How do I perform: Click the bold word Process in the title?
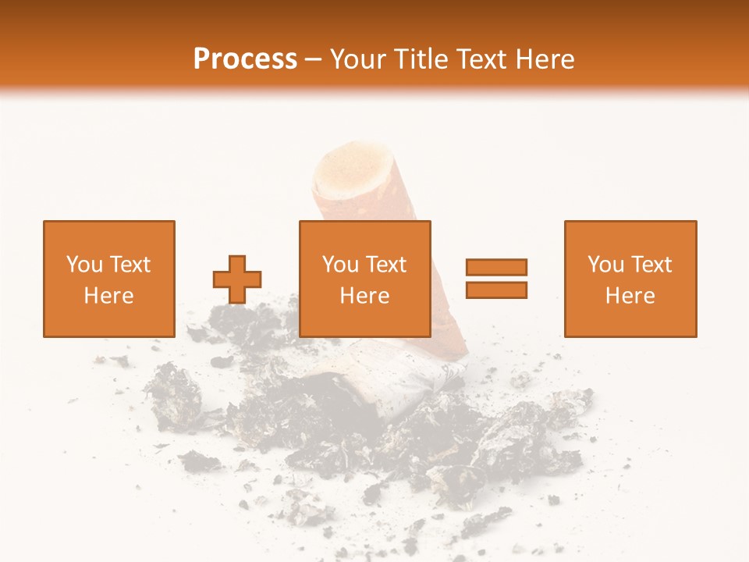pyautogui.click(x=245, y=59)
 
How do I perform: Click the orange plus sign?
pyautogui.click(x=237, y=279)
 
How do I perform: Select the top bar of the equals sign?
pyautogui.click(x=496, y=267)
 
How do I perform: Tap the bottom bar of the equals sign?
pyautogui.click(x=496, y=290)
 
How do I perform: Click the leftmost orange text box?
pyautogui.click(x=108, y=279)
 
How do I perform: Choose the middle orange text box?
pyautogui.click(x=364, y=279)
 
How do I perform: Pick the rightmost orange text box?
pyautogui.click(x=630, y=279)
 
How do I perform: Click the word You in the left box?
pyautogui.click(x=83, y=265)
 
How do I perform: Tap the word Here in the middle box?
pyautogui.click(x=364, y=296)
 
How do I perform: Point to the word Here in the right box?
pyautogui.click(x=630, y=296)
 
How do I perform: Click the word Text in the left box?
pyautogui.click(x=130, y=265)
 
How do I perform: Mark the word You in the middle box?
pyautogui.click(x=340, y=265)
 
